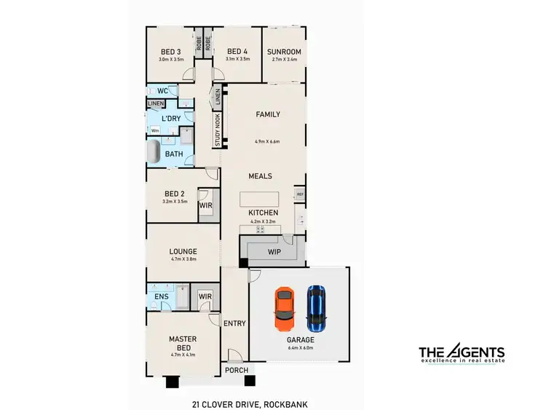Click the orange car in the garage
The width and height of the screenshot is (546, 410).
pos(284,307)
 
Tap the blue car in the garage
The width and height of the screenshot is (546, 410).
pos(315,305)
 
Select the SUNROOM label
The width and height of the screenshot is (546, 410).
pos(283,52)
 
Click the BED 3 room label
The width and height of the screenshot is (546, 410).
pos(171,52)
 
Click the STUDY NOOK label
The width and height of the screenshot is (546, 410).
pos(217,128)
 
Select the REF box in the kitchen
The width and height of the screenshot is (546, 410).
pos(300,194)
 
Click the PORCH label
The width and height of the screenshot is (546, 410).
pos(235,371)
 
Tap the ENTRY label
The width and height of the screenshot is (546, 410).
pos(235,323)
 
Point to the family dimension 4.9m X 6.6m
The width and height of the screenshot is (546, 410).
pos(267,141)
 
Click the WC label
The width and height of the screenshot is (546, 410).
pos(162,92)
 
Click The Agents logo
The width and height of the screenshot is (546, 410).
pos(461,355)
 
